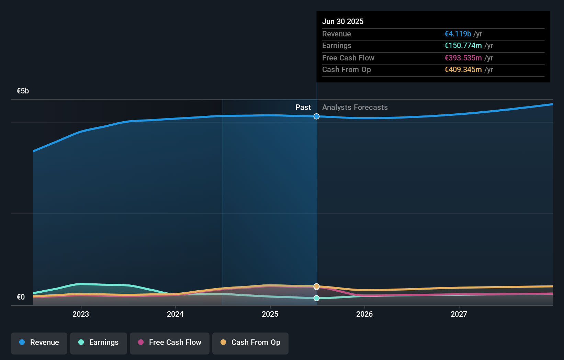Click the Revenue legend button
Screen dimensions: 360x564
(x=39, y=342)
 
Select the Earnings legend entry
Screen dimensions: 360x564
(x=99, y=342)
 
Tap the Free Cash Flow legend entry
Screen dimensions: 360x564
(x=170, y=342)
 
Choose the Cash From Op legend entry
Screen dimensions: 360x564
(x=250, y=342)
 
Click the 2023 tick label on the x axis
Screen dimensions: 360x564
(x=81, y=314)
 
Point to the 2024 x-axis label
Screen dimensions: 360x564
(x=175, y=314)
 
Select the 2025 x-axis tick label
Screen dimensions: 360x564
(x=270, y=314)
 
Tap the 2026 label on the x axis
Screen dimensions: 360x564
(x=364, y=314)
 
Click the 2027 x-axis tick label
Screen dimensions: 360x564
(x=459, y=314)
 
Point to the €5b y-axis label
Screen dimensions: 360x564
(x=23, y=91)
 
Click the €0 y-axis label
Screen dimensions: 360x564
(x=21, y=297)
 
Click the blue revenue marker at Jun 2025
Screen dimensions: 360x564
(x=316, y=116)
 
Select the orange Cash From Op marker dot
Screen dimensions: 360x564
(x=316, y=286)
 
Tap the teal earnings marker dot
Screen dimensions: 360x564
(x=316, y=298)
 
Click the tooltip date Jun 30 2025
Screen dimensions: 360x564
(x=342, y=21)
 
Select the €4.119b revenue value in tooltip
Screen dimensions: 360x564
(x=458, y=34)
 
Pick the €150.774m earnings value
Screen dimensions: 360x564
(x=463, y=45)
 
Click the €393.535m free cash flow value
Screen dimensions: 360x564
(x=463, y=58)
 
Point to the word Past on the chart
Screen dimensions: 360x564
(x=303, y=108)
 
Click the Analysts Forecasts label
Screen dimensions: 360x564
(x=355, y=108)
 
